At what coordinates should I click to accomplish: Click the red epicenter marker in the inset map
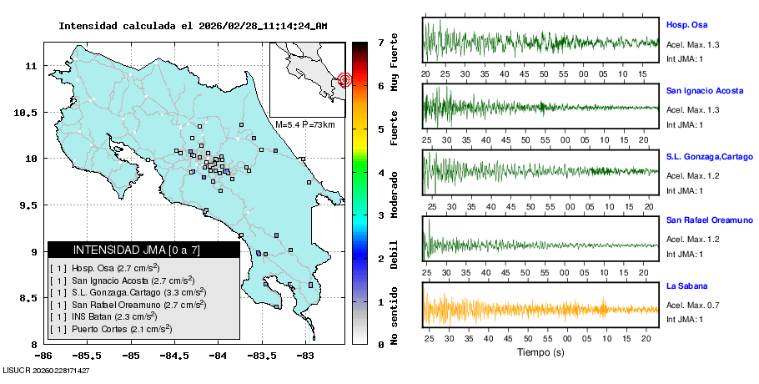345,80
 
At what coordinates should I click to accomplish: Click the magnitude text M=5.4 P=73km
305,124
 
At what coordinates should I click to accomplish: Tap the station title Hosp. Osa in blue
687,25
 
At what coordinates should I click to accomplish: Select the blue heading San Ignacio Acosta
704,90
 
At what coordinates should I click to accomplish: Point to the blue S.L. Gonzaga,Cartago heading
709,156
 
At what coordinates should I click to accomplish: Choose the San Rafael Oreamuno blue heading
706,220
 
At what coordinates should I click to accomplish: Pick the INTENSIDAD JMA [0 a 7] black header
143,250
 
